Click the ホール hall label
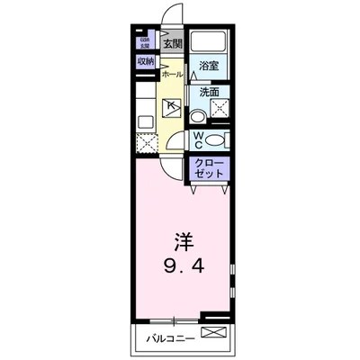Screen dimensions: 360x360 point(173,76)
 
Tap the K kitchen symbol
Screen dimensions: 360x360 point(172,106)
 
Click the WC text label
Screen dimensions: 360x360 point(198,140)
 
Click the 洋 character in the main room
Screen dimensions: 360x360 point(184,242)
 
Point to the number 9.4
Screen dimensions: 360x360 point(184,266)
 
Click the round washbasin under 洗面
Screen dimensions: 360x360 point(197,115)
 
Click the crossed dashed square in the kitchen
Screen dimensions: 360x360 point(147,143)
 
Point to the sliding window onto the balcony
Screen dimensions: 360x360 point(175,320)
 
